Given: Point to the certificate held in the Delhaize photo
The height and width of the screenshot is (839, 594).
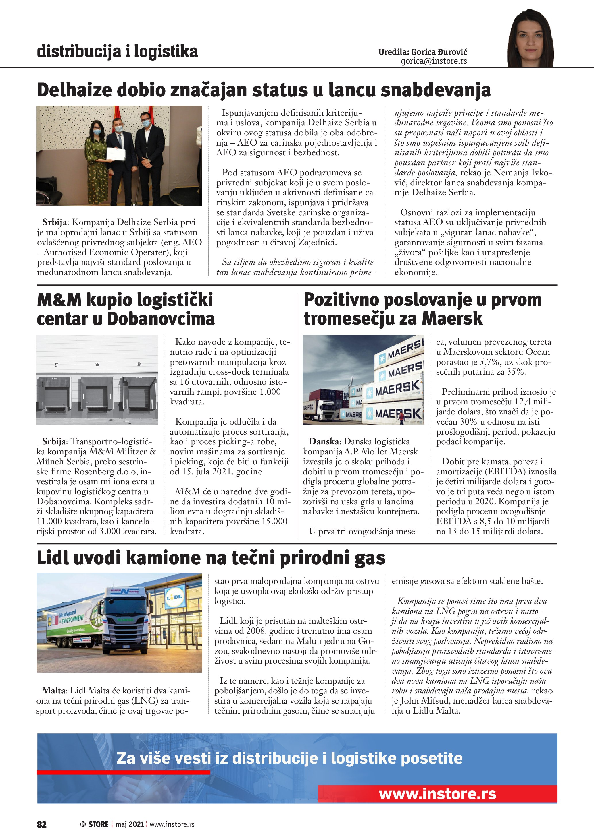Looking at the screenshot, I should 116,154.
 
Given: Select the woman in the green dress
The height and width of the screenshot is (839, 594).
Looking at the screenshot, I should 97,161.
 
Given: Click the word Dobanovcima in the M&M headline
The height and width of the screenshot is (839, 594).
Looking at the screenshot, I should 161,319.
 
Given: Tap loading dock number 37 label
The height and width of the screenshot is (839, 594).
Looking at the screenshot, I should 56,365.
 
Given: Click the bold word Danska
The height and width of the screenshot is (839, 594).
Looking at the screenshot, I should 323,441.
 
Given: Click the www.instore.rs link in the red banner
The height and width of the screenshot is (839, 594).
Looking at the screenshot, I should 437,794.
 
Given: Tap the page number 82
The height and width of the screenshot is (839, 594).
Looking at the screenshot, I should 42,824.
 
